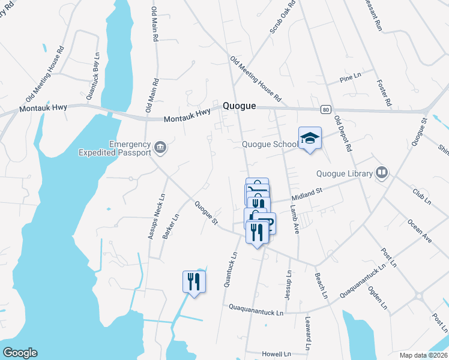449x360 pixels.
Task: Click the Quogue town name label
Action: pos(240,106)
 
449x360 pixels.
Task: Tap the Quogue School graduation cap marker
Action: pos(310,139)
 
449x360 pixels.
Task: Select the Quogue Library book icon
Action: pos(381,173)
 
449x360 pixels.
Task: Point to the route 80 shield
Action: pos(325,109)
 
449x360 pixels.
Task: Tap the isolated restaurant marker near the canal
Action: pos(194,281)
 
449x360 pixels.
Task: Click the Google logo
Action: pos(20,353)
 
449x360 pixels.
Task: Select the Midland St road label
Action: pos(307,194)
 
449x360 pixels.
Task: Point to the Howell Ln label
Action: pos(277,355)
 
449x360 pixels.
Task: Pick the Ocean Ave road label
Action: pos(420,231)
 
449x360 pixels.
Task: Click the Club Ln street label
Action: pos(421,196)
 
